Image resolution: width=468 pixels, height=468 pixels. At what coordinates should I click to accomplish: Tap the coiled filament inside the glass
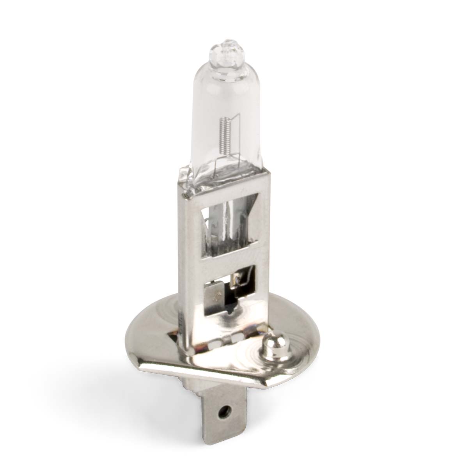pyautogui.click(x=224, y=135)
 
